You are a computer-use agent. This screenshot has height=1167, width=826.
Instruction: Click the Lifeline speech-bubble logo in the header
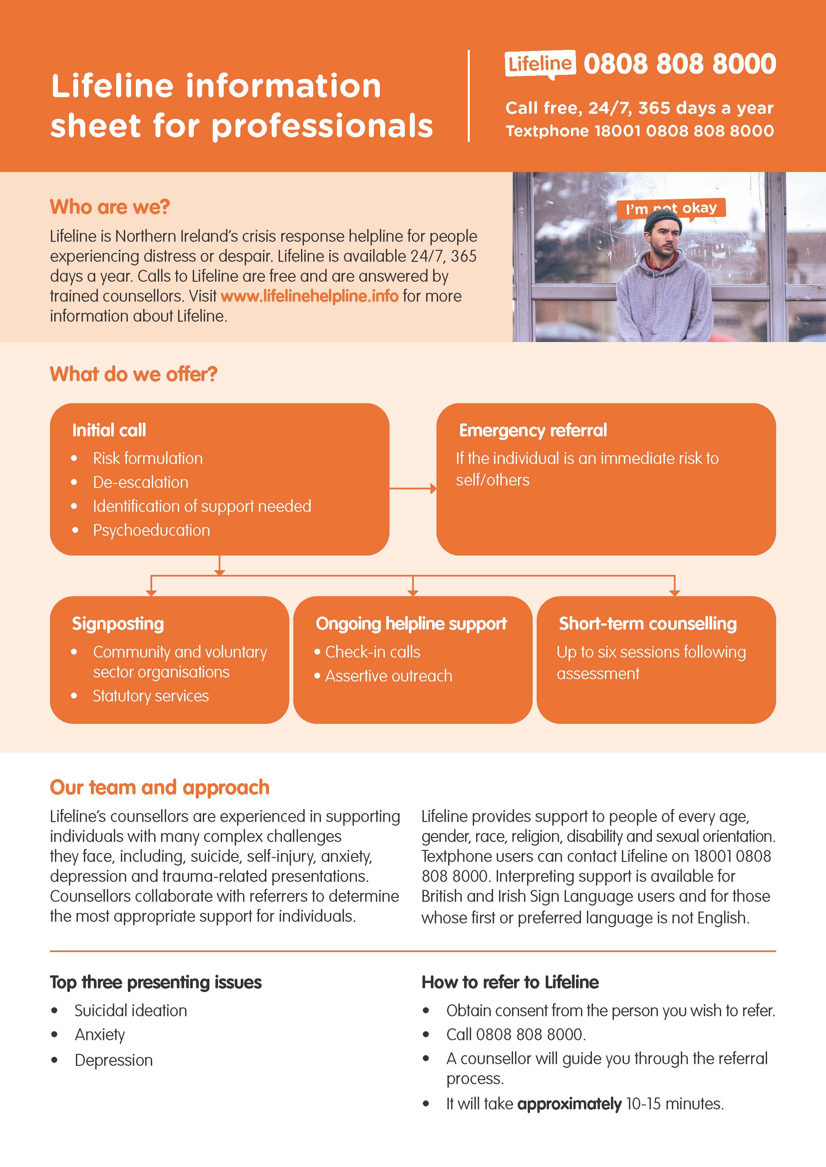point(540,65)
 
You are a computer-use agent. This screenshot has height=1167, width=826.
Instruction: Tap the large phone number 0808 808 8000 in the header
point(680,64)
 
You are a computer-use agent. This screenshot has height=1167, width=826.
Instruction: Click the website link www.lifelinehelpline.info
point(309,296)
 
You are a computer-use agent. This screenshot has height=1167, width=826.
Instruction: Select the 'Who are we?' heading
point(110,207)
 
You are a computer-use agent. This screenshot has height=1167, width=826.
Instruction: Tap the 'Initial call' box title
point(109,430)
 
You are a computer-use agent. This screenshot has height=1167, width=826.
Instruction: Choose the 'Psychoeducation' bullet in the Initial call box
point(151,530)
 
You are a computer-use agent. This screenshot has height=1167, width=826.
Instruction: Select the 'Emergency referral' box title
point(533,430)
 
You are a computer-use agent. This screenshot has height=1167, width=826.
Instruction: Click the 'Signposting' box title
point(118,624)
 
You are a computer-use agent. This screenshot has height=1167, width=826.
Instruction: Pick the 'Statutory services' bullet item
point(150,696)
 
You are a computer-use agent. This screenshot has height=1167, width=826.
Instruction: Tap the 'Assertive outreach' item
point(389,676)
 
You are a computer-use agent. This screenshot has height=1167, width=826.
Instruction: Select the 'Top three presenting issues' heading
point(155,982)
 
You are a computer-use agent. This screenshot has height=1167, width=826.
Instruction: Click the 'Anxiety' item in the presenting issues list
point(100,1034)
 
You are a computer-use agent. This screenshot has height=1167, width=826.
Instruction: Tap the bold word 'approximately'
point(569,1104)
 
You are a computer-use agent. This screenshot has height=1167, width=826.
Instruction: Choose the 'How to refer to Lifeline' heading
point(510,982)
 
